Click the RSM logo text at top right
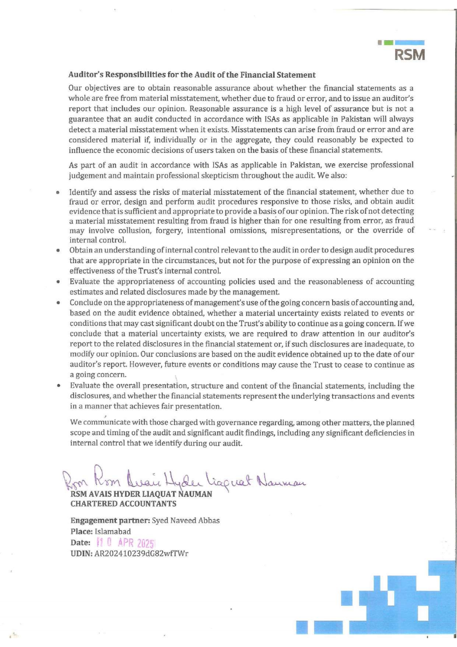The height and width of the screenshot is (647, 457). click(x=410, y=55)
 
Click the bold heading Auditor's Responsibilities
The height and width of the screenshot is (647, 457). click(x=192, y=75)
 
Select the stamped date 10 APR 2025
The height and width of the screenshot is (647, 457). click(x=126, y=543)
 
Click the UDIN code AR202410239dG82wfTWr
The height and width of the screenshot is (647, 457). click(x=141, y=554)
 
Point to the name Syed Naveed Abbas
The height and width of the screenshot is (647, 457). click(x=186, y=521)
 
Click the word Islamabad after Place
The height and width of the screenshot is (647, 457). click(x=113, y=532)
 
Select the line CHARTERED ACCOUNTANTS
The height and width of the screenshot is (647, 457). click(x=123, y=504)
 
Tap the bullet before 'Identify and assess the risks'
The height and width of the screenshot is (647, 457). click(x=58, y=192)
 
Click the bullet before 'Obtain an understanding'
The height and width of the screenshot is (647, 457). click(x=58, y=250)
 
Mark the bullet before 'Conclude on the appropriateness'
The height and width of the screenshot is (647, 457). click(x=58, y=303)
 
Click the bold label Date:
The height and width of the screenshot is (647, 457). click(x=80, y=543)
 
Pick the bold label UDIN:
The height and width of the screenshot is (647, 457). click(x=81, y=554)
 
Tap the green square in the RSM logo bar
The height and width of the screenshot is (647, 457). click(x=388, y=43)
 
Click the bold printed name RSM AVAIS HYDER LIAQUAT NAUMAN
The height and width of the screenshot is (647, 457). click(x=141, y=494)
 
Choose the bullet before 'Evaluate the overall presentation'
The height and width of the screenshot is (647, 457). click(x=58, y=386)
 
